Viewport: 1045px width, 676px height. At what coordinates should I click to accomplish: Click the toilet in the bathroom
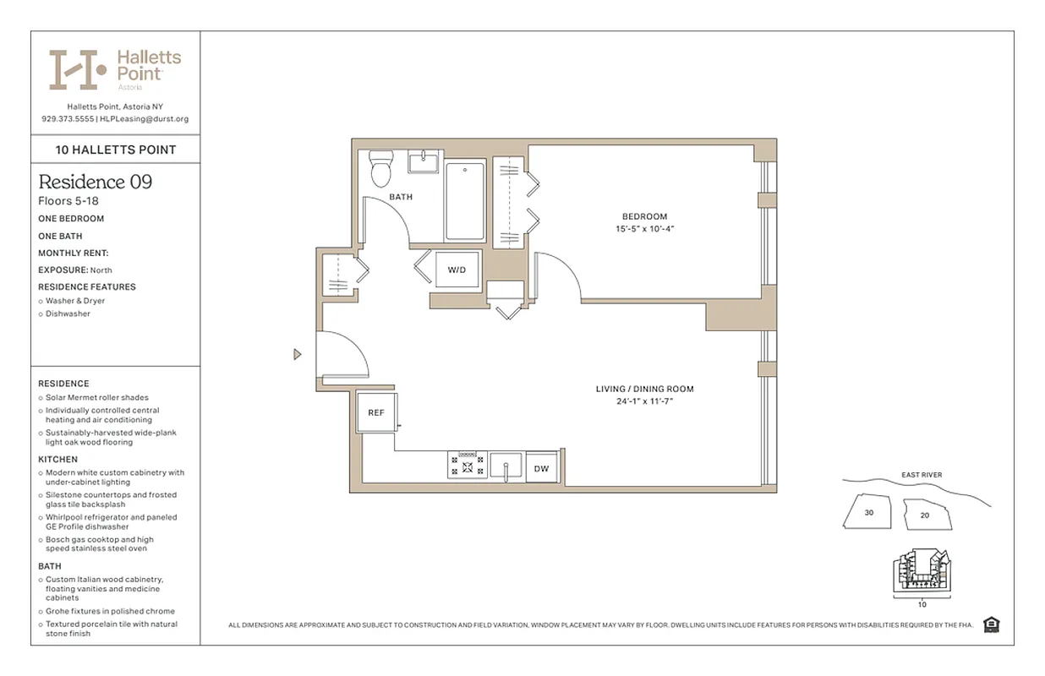[381, 169]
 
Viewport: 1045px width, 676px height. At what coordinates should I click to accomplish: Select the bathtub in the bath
[464, 201]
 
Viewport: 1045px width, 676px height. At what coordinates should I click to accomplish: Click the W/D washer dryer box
[457, 270]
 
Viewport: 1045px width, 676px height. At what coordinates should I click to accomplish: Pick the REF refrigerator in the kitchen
[376, 412]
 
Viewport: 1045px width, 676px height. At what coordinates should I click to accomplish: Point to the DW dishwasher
[542, 468]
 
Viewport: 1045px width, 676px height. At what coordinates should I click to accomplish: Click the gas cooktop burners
[467, 464]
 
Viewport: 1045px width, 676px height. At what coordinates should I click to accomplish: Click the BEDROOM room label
[644, 217]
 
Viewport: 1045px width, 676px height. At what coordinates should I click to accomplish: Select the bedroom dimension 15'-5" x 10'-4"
[644, 229]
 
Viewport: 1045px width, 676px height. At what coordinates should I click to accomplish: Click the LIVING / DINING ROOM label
[644, 390]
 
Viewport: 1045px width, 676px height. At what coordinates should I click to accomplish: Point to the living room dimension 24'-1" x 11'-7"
[644, 401]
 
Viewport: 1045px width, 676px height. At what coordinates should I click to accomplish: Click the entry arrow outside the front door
[297, 354]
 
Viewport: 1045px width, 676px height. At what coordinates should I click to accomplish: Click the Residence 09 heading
[96, 182]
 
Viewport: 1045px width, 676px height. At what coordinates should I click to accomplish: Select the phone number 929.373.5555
[67, 119]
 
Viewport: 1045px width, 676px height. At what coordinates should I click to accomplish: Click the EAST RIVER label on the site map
[921, 476]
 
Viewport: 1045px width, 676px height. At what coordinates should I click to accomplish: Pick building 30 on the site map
[868, 512]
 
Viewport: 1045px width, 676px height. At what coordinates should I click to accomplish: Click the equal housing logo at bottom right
[992, 624]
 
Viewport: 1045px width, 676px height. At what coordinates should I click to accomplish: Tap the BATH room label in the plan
[401, 197]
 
